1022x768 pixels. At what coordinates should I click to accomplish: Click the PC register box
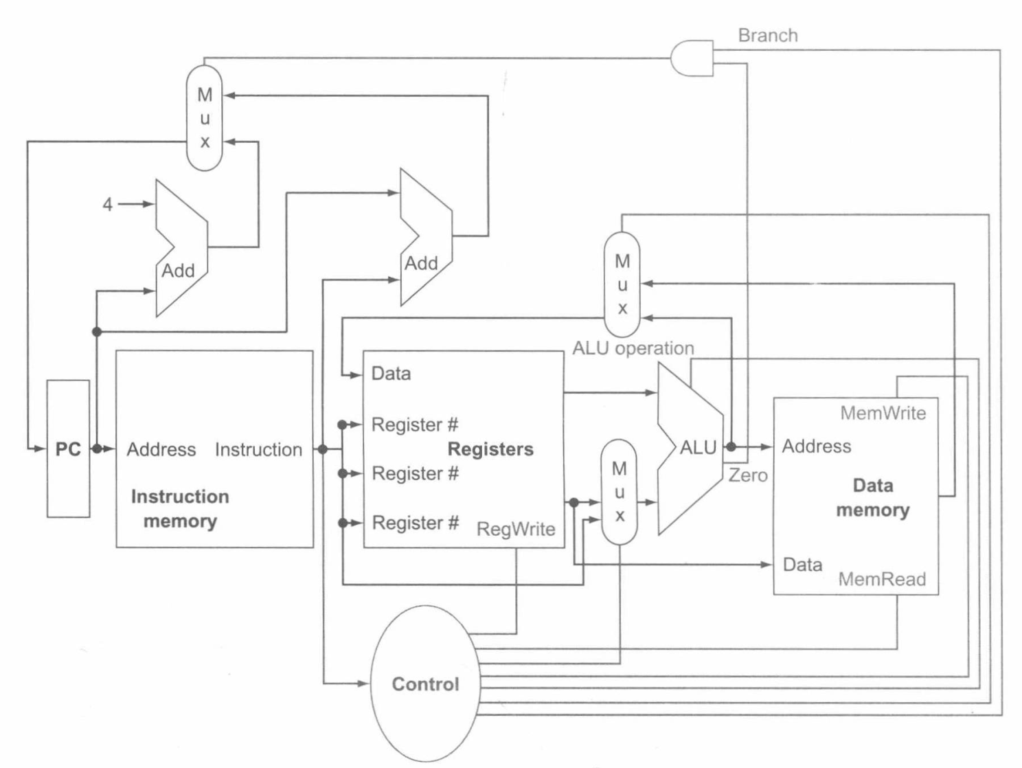point(68,449)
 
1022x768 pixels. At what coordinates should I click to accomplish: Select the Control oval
point(425,684)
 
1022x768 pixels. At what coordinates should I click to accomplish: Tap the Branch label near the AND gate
point(767,35)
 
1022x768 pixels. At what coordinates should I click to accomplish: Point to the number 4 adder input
point(108,204)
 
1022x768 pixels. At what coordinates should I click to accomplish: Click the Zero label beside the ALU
point(748,475)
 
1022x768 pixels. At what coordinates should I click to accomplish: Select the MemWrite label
point(883,413)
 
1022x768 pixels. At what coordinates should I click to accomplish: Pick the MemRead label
point(882,579)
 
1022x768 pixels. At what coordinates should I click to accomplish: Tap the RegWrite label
point(516,528)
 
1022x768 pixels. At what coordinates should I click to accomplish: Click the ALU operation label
point(633,348)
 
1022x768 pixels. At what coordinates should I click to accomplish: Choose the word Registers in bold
point(490,449)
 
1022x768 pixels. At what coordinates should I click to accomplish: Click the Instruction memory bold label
point(180,508)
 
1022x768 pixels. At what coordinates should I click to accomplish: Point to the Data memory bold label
point(872,497)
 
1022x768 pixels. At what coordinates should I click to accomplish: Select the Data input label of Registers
point(391,373)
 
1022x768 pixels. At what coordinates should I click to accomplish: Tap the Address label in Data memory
point(816,446)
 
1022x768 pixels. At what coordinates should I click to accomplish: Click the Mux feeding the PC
point(205,117)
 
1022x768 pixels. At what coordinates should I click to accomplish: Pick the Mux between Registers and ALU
point(619,492)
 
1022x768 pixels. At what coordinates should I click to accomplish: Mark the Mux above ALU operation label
point(622,284)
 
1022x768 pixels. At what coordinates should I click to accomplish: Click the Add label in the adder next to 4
point(178,270)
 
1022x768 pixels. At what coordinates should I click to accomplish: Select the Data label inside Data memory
point(802,564)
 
